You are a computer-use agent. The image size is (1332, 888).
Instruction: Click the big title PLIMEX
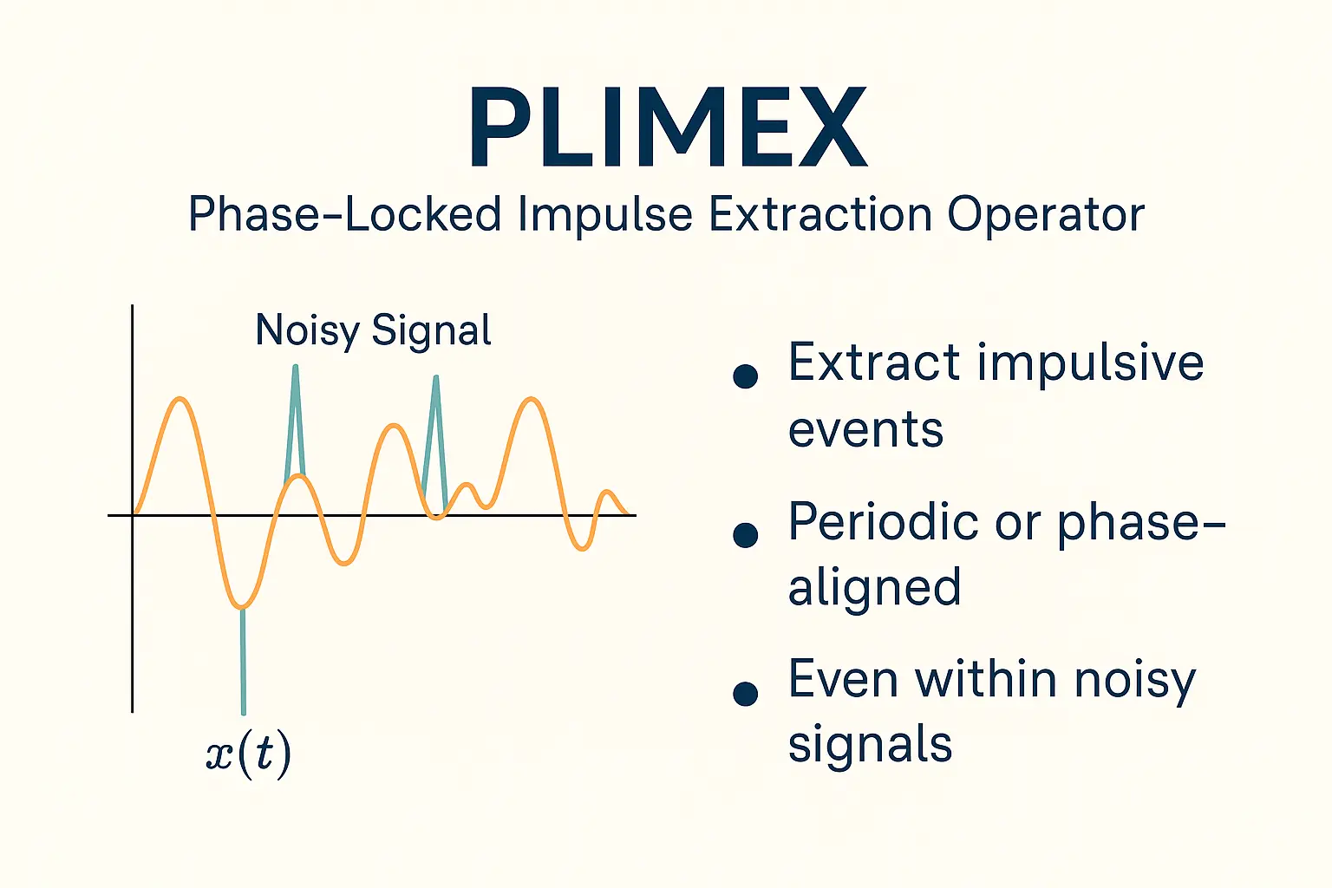coord(669,127)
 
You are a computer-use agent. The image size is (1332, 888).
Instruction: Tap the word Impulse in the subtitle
coord(605,215)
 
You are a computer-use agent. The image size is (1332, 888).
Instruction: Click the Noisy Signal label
coord(373,330)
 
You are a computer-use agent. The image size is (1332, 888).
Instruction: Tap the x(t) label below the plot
coord(249,754)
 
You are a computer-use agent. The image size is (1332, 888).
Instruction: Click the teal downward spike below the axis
coord(243,660)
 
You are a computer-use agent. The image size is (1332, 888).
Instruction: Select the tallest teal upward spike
coord(295,423)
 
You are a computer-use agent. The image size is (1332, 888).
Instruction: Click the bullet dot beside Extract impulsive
coord(745,375)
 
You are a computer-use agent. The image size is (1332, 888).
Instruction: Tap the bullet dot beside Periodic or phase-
coord(745,535)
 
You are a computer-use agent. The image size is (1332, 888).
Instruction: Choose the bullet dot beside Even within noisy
coord(745,694)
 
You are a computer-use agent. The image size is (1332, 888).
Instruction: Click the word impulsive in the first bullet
coord(1090,362)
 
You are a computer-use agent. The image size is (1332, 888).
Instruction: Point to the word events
coord(865,429)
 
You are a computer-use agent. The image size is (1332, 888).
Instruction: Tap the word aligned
coord(874,588)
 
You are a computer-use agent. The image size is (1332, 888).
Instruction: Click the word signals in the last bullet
coord(870,743)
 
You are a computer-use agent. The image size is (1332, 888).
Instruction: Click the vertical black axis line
coord(132,508)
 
